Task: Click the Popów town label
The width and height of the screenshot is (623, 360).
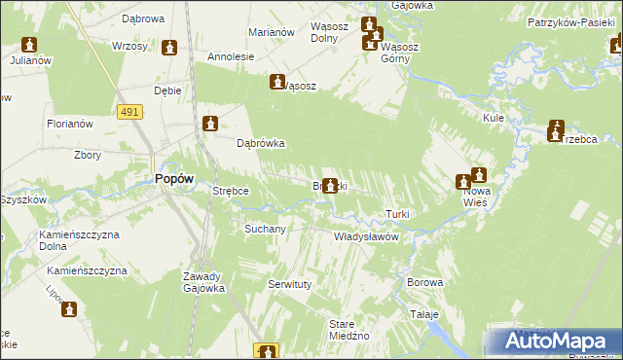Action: pos(174,178)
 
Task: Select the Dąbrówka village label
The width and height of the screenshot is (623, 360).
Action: pos(261,143)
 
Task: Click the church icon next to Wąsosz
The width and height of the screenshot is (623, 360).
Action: pos(277,84)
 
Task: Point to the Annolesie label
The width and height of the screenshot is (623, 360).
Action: pos(231,56)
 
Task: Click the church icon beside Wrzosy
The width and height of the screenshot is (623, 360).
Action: pos(170,48)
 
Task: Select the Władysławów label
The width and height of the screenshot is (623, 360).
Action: pos(367,236)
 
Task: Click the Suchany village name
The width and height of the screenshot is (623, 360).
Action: pos(265,230)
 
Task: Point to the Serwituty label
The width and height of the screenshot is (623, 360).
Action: pos(288,284)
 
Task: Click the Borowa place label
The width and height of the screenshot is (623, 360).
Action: pos(425,282)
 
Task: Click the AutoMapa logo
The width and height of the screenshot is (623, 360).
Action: pos(556,342)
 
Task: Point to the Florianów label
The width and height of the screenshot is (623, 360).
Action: pos(69,124)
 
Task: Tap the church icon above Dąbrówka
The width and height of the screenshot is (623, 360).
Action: pos(210,124)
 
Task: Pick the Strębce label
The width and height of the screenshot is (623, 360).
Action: pos(232,192)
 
